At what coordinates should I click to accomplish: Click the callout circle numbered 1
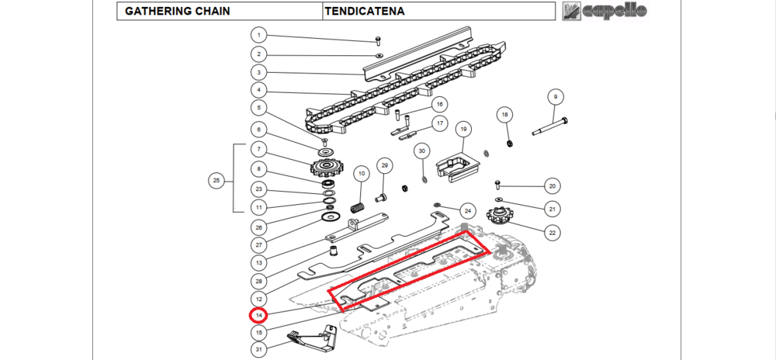point(258,35)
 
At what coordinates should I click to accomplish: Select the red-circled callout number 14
point(258,316)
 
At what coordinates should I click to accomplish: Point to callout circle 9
point(555,97)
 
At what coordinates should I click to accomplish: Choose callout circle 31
point(258,349)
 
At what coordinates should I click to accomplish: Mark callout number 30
point(422,151)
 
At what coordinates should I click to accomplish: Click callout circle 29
point(383,165)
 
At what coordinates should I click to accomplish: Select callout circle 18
point(505,116)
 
